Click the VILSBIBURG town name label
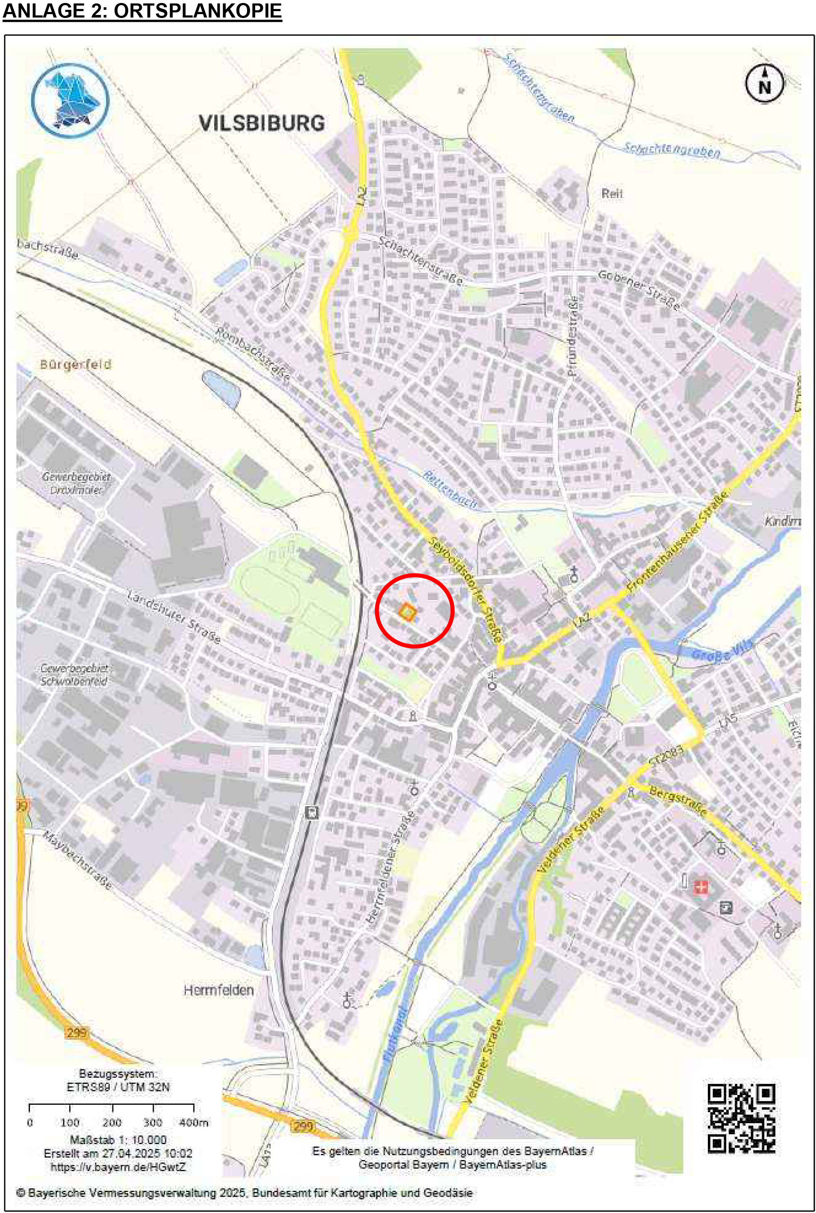click(262, 123)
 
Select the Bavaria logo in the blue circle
click(70, 100)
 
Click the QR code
click(741, 1118)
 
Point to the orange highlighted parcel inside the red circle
click(407, 612)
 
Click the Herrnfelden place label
click(218, 990)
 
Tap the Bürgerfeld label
click(76, 364)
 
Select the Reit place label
click(612, 194)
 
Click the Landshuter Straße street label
click(174, 617)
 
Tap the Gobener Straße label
click(639, 290)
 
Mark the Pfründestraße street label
click(573, 336)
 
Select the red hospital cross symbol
click(701, 887)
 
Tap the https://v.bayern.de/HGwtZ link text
click(118, 1167)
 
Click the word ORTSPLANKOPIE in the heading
click(198, 12)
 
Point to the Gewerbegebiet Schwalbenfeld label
click(74, 675)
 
